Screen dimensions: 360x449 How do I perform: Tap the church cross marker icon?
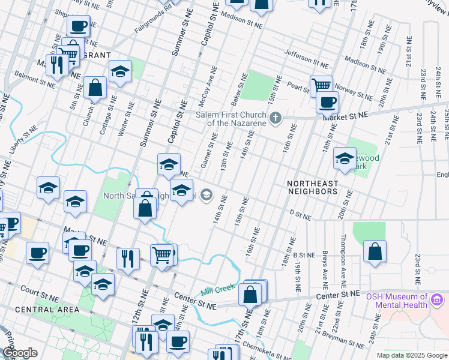[276, 118]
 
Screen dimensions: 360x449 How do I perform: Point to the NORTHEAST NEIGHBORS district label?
[312, 187]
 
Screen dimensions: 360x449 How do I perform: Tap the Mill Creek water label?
[216, 291]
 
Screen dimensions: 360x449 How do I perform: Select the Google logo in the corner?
[20, 353]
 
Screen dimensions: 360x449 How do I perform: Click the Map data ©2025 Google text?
[412, 355]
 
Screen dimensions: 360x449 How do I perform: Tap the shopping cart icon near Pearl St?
[321, 85]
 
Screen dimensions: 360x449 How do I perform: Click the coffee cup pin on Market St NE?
[327, 103]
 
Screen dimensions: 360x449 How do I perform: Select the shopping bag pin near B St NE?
[375, 252]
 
